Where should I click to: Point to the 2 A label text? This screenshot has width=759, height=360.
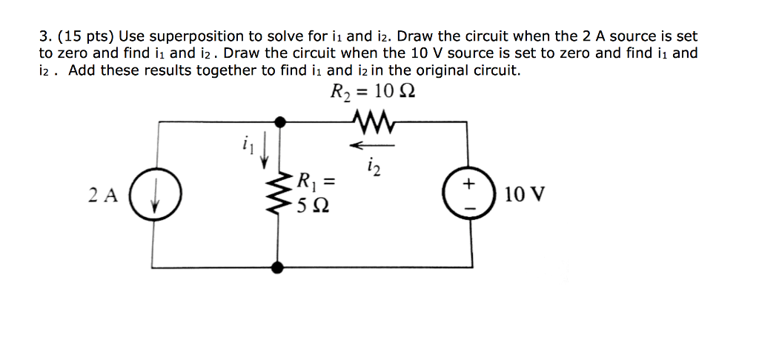pos(103,196)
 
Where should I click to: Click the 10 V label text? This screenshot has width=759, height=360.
pos(524,196)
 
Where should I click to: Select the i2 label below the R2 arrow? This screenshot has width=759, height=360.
pos(373,169)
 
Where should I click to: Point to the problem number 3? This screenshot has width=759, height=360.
pos(45,36)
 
